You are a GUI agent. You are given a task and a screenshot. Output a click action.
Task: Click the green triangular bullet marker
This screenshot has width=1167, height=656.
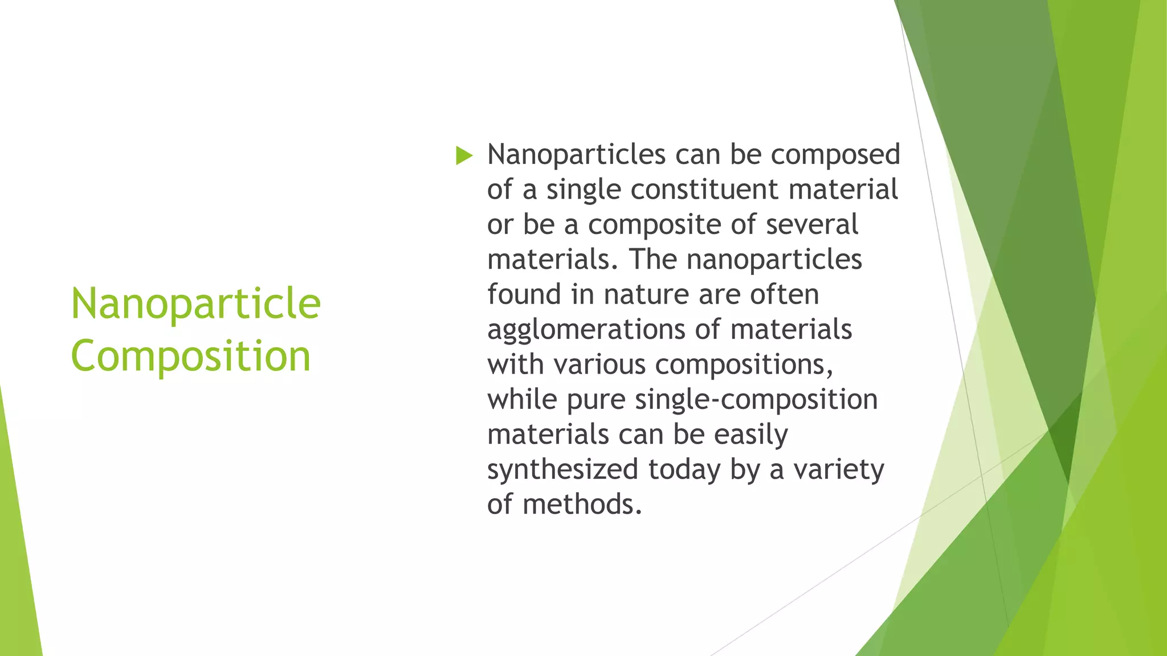point(464,155)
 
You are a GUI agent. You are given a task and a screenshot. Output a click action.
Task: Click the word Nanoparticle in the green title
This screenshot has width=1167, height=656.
point(195,304)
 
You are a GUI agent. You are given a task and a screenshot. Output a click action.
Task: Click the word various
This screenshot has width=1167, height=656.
point(599,365)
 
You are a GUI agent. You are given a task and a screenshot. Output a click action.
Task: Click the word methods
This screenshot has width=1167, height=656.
point(582,505)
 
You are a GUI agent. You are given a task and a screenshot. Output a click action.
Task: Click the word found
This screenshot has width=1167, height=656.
point(524,295)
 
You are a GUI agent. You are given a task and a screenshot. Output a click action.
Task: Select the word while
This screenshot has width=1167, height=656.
point(522,400)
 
